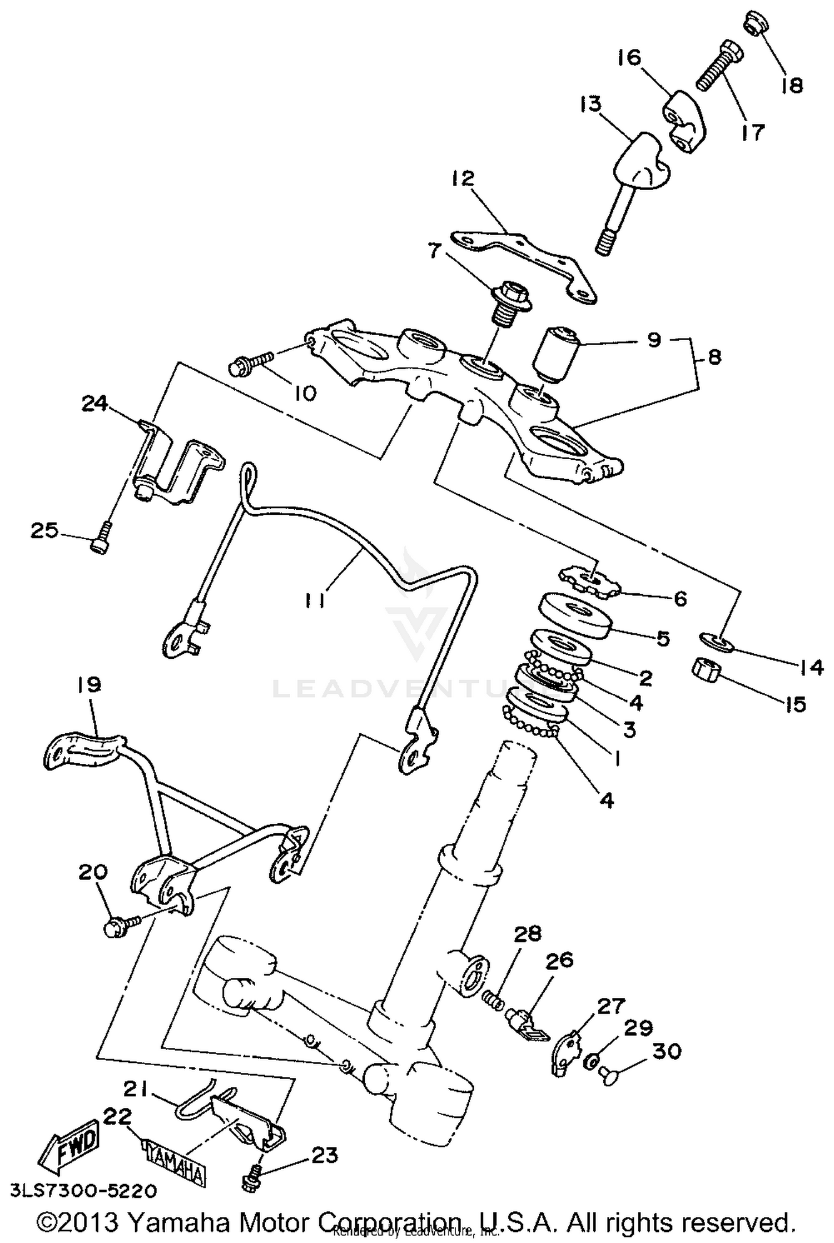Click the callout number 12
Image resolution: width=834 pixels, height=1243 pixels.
(463, 178)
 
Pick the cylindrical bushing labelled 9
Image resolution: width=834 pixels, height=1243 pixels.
(556, 354)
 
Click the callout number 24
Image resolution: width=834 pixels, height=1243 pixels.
(95, 404)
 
